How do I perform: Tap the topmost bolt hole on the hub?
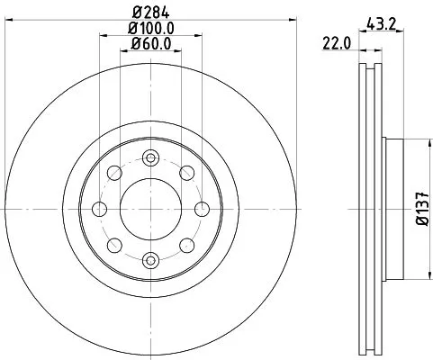pyautogui.click(x=151, y=157)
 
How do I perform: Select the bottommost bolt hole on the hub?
pyautogui.click(x=151, y=260)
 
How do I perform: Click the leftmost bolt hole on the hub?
pyautogui.click(x=100, y=209)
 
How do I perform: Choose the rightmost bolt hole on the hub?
pyautogui.click(x=203, y=209)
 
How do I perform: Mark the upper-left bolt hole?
pyautogui.click(x=115, y=173)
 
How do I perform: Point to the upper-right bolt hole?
pyautogui.click(x=187, y=173)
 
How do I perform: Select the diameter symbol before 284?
pyautogui.click(x=137, y=12)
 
